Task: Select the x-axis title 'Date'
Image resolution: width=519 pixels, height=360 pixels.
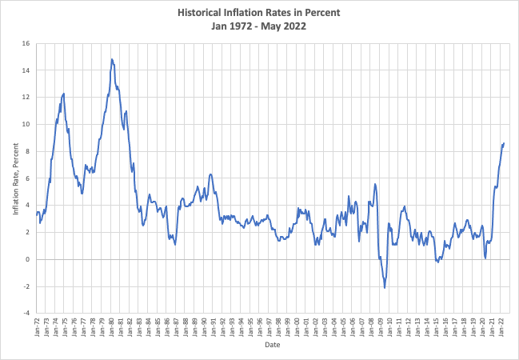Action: coord(272,346)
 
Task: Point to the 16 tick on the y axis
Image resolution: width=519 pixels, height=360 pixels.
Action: coord(26,43)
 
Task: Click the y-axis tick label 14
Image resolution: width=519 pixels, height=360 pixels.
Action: coord(26,70)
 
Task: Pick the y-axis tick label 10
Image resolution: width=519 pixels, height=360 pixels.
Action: coord(26,124)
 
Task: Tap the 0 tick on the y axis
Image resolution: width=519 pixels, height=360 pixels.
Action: coord(28,259)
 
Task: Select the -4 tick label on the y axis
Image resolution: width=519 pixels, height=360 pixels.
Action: coord(26,313)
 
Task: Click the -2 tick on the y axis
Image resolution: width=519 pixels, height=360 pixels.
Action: coord(26,286)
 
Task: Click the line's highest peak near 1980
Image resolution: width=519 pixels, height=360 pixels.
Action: coord(112,59)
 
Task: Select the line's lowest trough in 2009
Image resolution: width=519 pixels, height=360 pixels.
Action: coord(385,287)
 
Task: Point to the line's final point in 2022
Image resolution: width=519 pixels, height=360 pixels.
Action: coord(504,143)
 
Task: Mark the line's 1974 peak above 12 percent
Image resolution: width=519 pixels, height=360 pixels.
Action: coord(63,94)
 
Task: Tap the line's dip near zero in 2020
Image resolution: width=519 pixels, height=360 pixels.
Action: coord(485,258)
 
